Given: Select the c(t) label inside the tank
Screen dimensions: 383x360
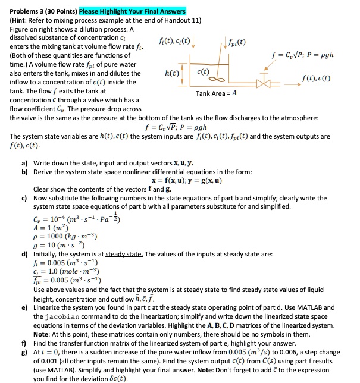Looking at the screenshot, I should (x=203, y=71).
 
